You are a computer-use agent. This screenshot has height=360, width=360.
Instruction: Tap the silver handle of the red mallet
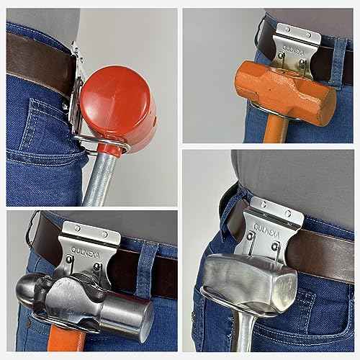tap(97, 180)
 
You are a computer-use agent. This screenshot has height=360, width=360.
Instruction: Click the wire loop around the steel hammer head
tap(216, 303)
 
